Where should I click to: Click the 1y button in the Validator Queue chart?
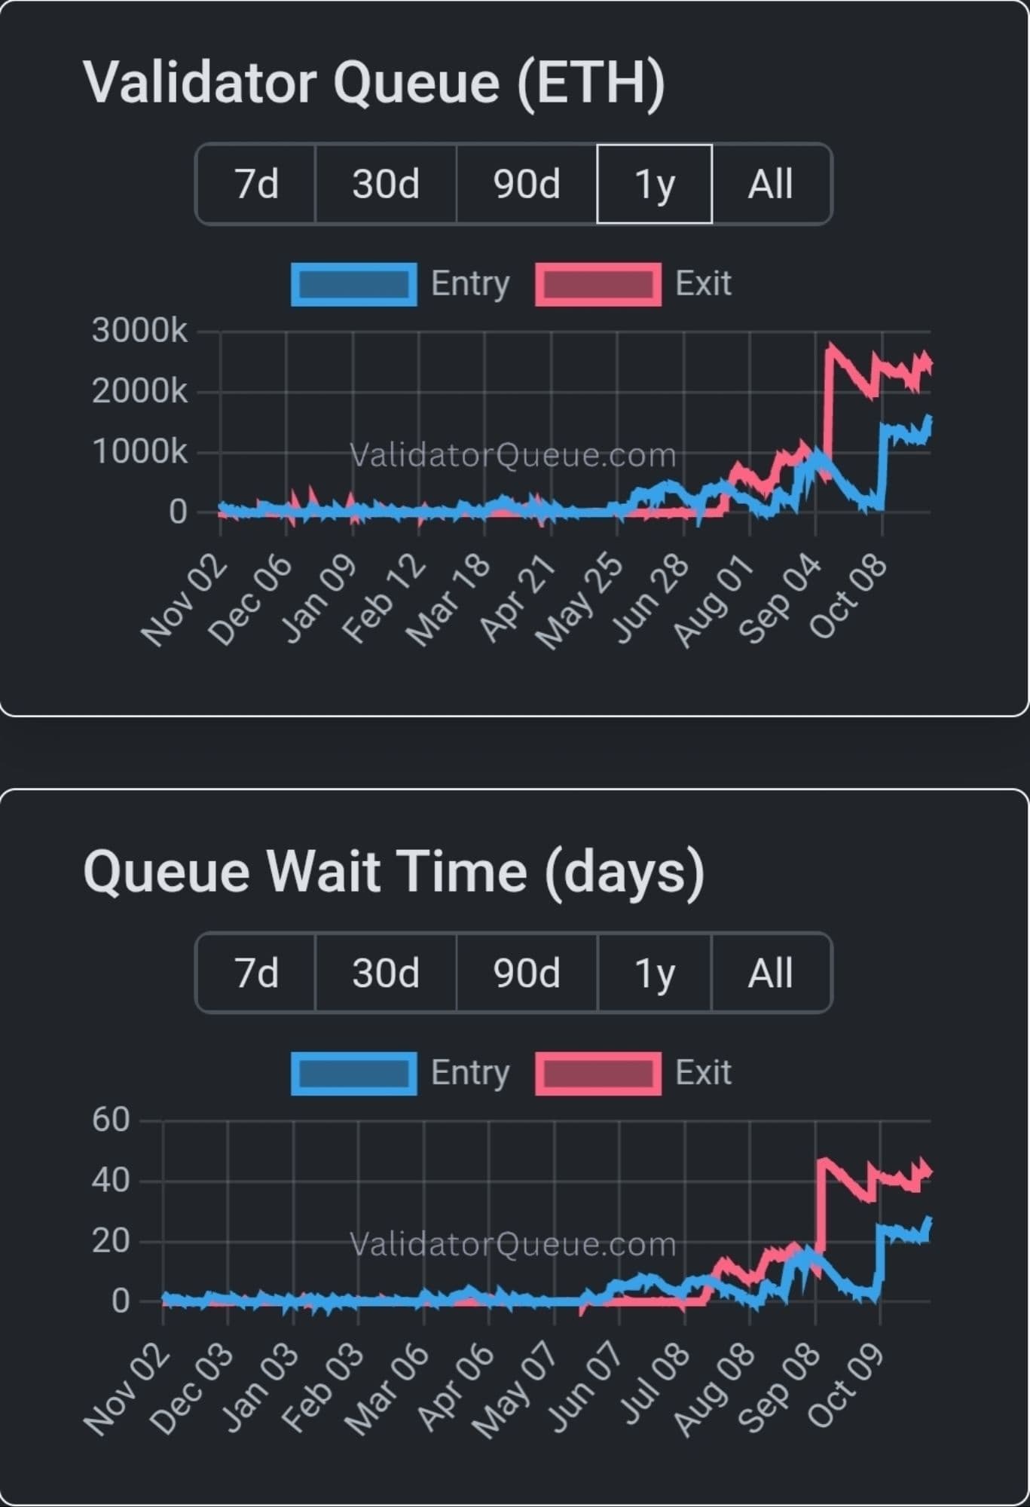(654, 184)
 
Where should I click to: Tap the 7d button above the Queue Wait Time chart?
(256, 973)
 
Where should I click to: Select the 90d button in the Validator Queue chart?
(527, 184)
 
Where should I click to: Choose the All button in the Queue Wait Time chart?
(770, 973)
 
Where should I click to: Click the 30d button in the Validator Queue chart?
(385, 184)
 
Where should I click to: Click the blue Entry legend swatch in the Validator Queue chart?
(354, 285)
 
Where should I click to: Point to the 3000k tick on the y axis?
(139, 331)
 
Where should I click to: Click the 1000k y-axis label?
(139, 452)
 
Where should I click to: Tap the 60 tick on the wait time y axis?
(111, 1120)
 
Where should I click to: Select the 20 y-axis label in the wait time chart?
(111, 1241)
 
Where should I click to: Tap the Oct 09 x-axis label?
(845, 1388)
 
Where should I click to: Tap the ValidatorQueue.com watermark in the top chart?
(513, 455)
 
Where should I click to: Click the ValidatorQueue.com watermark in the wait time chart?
(513, 1244)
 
